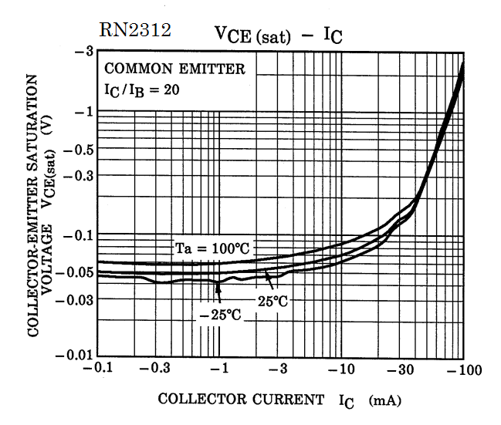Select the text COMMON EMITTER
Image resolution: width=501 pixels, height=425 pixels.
pyautogui.click(x=174, y=69)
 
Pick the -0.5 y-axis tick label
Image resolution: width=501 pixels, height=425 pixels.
pyautogui.click(x=78, y=149)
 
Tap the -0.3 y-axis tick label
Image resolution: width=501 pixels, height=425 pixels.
pyautogui.click(x=78, y=175)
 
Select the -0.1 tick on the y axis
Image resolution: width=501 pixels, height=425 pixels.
pyautogui.click(x=78, y=235)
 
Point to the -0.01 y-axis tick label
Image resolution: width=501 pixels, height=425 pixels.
pyautogui.click(x=75, y=356)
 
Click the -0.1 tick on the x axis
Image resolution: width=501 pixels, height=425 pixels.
pyautogui.click(x=96, y=371)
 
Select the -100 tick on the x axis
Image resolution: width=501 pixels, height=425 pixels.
pyautogui.click(x=463, y=371)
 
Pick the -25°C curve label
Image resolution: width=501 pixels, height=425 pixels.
pyautogui.click(x=219, y=315)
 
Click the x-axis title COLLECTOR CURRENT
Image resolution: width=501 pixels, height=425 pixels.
pyautogui.click(x=241, y=400)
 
